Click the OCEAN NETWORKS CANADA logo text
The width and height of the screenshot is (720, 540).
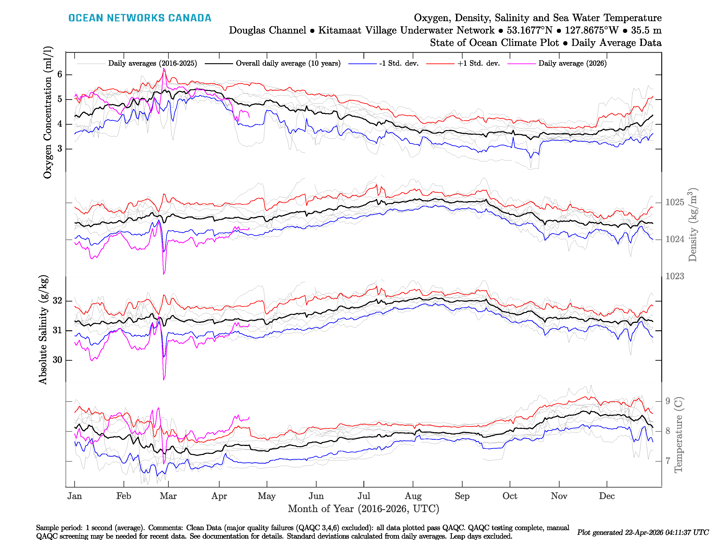(140, 18)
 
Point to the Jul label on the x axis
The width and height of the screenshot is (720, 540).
(364, 496)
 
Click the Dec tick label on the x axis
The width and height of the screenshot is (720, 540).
(607, 496)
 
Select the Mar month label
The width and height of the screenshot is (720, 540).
(168, 496)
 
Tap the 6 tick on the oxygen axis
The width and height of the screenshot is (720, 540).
(60, 74)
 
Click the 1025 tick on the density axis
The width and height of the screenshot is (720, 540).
(674, 202)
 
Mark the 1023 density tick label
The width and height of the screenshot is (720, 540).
(674, 276)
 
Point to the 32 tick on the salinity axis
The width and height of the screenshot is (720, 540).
(57, 300)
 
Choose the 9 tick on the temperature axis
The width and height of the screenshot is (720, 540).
(668, 401)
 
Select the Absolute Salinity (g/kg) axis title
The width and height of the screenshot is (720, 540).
(43, 329)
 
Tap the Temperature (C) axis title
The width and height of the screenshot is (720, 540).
(678, 434)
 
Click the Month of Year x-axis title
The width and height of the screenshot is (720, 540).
(363, 509)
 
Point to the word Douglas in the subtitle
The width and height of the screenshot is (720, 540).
(267, 30)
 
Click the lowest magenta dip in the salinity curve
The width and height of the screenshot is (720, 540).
(164, 379)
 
